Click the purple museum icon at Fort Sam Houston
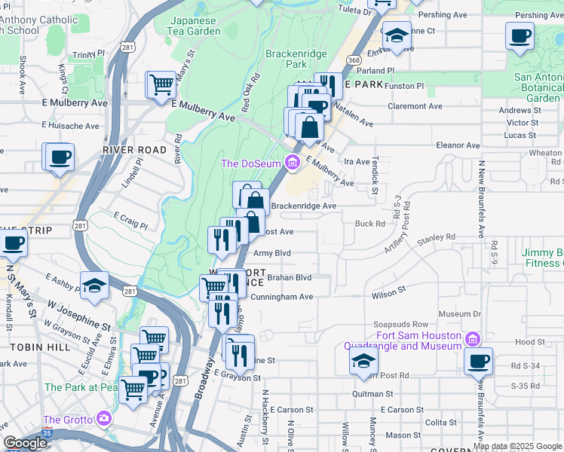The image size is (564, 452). (473, 336)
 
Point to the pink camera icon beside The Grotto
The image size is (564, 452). (103, 419)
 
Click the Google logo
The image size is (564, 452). (25, 443)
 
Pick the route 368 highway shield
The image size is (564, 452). (353, 60)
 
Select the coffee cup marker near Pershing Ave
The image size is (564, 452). (520, 35)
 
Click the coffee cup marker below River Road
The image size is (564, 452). (60, 157)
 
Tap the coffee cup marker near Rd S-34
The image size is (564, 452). (478, 361)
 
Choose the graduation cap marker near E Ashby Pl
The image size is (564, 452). (95, 285)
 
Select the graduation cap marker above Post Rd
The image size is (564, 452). (363, 360)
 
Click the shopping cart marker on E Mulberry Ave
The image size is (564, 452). (161, 85)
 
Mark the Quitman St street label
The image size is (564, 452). (373, 393)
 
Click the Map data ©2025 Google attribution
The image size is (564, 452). (517, 445)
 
